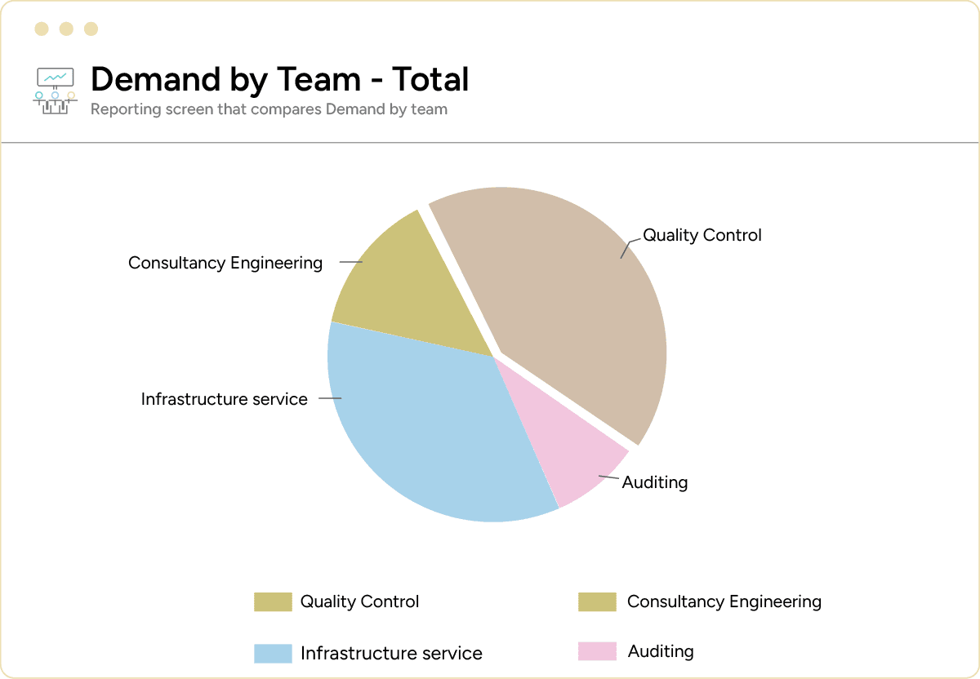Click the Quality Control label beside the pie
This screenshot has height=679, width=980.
pyautogui.click(x=702, y=235)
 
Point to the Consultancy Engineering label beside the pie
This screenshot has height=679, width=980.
pyautogui.click(x=225, y=263)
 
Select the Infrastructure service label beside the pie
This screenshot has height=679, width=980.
pyautogui.click(x=224, y=399)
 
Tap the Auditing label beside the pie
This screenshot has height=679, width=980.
pyautogui.click(x=655, y=482)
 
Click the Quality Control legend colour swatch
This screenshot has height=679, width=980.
pyautogui.click(x=273, y=602)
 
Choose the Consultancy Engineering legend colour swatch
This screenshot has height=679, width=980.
pyautogui.click(x=597, y=602)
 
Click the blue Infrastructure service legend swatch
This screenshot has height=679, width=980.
pyautogui.click(x=273, y=654)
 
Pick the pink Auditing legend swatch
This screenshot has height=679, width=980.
pyautogui.click(x=597, y=651)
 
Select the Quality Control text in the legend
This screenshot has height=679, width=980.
pyautogui.click(x=359, y=602)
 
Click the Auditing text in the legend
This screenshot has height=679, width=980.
pyautogui.click(x=661, y=651)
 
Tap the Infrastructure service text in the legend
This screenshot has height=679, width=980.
pyautogui.click(x=391, y=654)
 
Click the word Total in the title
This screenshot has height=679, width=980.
pyautogui.click(x=430, y=79)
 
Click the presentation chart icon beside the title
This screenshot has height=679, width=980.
pyautogui.click(x=55, y=90)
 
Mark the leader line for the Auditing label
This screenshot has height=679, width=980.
pyautogui.click(x=610, y=477)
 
